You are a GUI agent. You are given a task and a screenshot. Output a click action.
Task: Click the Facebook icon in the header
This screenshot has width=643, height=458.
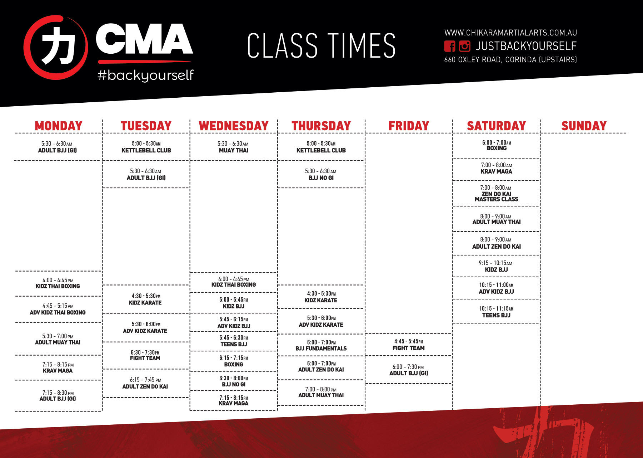[x=450, y=46]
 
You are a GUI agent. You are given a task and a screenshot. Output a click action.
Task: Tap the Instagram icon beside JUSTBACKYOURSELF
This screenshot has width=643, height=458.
[x=464, y=46]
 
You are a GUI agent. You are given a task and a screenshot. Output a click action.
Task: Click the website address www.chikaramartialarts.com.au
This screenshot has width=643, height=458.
[x=510, y=33]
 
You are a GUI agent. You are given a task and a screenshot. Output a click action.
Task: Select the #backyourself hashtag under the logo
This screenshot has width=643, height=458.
[x=146, y=75]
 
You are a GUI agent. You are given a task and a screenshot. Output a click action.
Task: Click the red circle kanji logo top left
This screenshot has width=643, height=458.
[x=55, y=47]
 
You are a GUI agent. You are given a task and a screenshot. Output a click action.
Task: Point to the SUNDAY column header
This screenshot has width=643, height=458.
[x=584, y=126]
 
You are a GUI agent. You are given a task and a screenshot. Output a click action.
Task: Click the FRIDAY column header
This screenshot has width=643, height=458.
[x=409, y=126]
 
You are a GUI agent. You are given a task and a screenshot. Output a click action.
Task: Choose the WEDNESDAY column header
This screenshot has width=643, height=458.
[x=234, y=126]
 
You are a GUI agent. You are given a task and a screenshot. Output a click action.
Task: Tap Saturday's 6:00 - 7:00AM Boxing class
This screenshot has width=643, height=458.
[x=497, y=145]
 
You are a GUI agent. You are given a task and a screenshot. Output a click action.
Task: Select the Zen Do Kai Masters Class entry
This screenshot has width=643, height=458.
[x=496, y=193]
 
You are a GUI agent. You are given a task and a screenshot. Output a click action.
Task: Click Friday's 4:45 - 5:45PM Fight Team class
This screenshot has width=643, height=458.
[x=409, y=345]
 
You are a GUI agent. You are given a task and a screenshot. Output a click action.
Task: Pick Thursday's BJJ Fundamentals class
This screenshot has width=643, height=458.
[x=321, y=345]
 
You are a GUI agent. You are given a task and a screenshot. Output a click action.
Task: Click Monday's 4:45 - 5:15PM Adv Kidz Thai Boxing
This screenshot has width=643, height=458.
[x=58, y=309]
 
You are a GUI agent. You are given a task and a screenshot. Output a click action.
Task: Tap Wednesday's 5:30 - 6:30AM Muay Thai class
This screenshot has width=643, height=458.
[x=233, y=147]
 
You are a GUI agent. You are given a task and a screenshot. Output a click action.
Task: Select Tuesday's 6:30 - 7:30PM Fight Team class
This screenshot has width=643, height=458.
[x=145, y=355]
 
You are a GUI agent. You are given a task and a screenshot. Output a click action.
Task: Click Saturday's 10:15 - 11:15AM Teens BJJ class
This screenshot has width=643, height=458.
[x=496, y=312]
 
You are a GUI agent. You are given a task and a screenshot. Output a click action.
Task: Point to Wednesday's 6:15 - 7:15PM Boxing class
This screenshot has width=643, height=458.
[x=234, y=361]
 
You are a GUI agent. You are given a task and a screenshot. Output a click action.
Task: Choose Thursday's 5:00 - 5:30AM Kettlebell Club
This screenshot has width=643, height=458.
[x=321, y=147]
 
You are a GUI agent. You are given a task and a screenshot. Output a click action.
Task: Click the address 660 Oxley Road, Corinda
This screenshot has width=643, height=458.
[x=510, y=60]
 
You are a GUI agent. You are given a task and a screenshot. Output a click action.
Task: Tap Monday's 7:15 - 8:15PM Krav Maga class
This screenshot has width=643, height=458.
[x=58, y=367]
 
